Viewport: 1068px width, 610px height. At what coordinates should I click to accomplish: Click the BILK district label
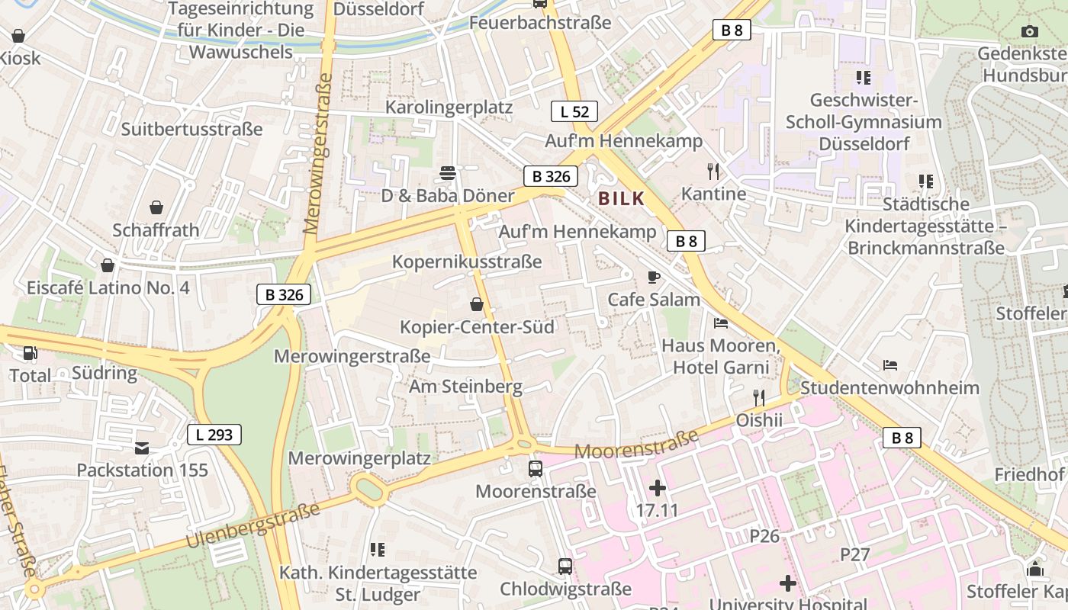[x=622, y=199]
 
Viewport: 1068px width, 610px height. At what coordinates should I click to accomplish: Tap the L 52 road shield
[x=574, y=111]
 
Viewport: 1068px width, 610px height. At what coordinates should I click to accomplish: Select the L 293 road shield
[x=214, y=435]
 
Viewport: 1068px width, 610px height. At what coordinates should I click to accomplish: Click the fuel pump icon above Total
[x=31, y=353]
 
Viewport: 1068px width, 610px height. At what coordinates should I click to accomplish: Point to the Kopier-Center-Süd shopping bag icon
[x=477, y=305]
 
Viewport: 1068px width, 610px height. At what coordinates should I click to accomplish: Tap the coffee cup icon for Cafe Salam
[x=653, y=277]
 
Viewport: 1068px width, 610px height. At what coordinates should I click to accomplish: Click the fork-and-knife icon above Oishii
[x=758, y=397]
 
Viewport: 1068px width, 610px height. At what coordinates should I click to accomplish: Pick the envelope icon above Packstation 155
[x=142, y=448]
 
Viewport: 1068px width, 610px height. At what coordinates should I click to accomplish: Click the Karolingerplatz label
[x=449, y=107]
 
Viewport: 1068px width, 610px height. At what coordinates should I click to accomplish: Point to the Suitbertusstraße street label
[x=191, y=129]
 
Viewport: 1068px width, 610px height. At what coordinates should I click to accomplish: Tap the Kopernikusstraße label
[x=467, y=262]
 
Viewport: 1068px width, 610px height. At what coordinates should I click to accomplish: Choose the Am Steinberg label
[x=465, y=387]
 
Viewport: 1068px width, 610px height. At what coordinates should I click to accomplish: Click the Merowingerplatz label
[x=359, y=458]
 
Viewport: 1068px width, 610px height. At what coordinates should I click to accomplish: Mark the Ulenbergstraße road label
[x=253, y=526]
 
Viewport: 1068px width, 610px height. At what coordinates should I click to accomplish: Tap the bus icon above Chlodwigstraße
[x=565, y=567]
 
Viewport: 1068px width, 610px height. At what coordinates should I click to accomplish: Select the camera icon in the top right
[x=1030, y=31]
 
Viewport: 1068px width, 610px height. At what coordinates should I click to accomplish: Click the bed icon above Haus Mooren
[x=721, y=323]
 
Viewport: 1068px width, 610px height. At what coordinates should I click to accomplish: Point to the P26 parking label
[x=764, y=536]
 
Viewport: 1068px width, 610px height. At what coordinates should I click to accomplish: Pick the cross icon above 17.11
[x=657, y=487]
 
